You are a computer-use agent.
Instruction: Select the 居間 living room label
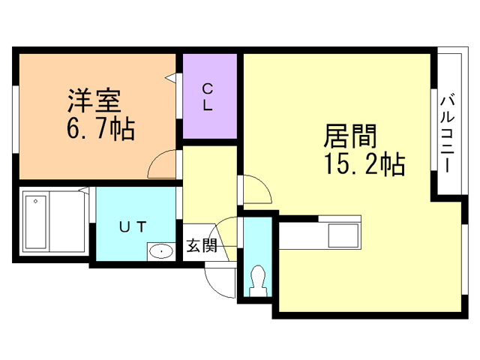[349, 136]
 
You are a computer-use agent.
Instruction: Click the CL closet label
[207, 97]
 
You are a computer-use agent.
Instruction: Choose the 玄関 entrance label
[202, 245]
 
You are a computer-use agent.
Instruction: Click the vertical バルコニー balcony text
[448, 132]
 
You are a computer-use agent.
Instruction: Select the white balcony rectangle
[449, 124]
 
